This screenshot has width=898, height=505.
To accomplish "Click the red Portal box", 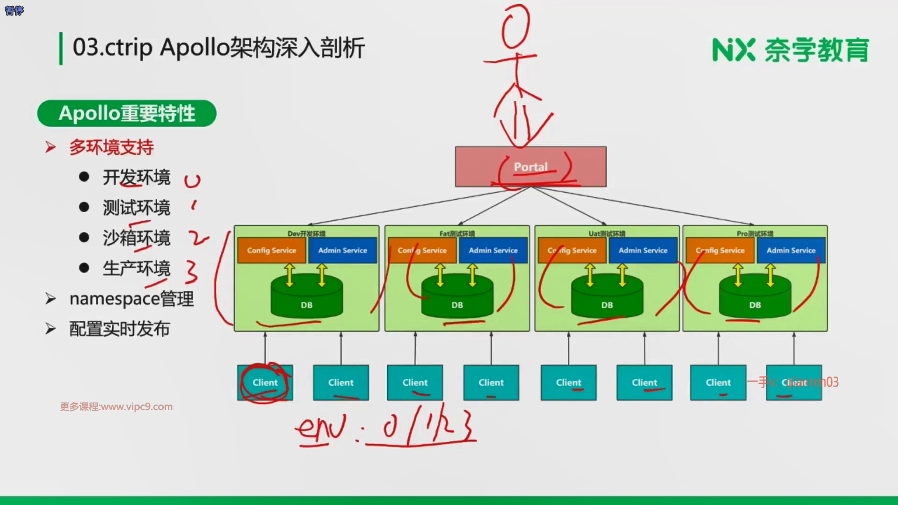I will tap(530, 167).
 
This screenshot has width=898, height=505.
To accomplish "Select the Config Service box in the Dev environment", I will tap(271, 250).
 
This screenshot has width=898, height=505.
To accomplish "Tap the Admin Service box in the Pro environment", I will tap(791, 250).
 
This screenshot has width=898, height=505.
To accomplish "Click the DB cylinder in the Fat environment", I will tap(457, 299).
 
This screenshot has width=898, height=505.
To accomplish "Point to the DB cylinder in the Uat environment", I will tap(607, 299).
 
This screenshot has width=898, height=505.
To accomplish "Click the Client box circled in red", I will tap(265, 382).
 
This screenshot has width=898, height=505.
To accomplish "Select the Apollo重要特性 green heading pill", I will tap(127, 113).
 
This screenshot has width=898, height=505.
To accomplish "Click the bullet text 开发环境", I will tap(137, 178).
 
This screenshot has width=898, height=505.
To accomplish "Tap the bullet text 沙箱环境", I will tap(137, 238).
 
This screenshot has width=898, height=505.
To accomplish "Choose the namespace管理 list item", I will tap(131, 299).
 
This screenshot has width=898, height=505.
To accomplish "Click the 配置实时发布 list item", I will tap(119, 329).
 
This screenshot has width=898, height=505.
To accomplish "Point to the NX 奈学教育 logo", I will tap(790, 50).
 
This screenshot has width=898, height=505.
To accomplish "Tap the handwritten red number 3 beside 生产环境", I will tap(191, 272).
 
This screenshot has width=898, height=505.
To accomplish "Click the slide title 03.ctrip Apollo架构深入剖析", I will tap(218, 47).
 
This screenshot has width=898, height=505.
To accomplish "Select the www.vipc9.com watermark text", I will tap(116, 407).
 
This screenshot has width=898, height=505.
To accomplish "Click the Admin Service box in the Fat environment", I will tap(493, 250).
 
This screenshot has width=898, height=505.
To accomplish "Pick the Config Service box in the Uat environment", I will tap(572, 250).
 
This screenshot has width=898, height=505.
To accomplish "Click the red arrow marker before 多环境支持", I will tap(51, 147).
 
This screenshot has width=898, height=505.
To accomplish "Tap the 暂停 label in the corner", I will tap(14, 10).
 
